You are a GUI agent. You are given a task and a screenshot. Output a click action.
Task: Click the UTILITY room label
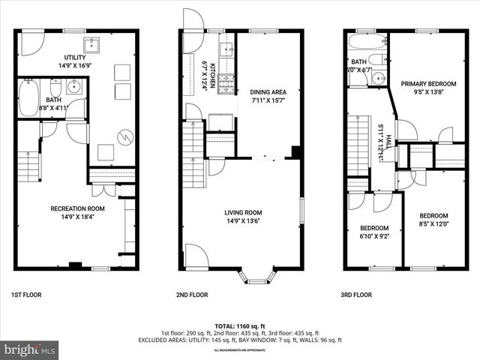[x=75, y=57]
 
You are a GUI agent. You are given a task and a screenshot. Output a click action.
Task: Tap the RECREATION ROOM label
[x=77, y=208]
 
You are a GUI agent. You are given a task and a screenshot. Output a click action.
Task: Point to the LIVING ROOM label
[x=243, y=212]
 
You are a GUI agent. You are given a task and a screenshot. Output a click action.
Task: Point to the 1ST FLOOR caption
[x=26, y=295]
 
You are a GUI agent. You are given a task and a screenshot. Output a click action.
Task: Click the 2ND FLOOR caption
[x=193, y=295]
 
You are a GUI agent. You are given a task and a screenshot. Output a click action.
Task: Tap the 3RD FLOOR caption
[x=357, y=295]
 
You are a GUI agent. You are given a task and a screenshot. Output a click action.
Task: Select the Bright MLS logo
[x=30, y=349]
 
